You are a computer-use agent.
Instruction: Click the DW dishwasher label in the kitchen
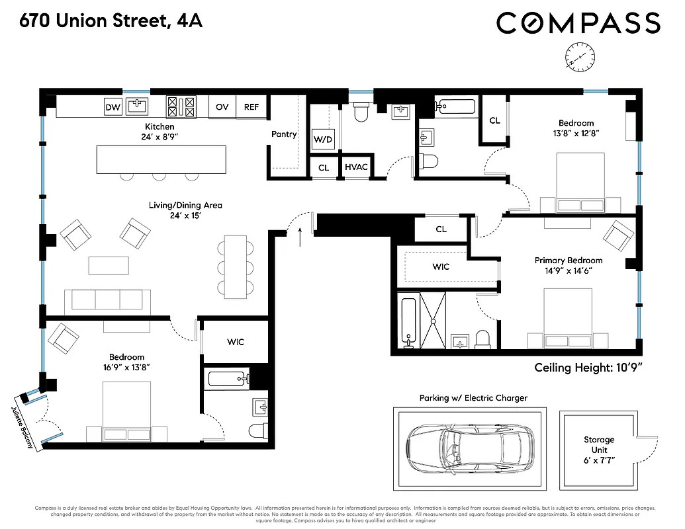coord(113,106)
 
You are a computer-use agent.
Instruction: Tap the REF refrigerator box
coord(251,106)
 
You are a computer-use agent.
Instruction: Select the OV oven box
coord(222,106)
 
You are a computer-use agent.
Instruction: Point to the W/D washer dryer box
coord(323,140)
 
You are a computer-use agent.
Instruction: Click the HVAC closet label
coord(356,168)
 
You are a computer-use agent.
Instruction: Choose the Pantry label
coord(284,134)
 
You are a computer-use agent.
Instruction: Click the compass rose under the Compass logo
coord(580,56)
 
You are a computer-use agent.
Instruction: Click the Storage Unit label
coord(598,445)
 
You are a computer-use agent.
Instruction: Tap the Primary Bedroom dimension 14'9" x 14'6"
coord(569,270)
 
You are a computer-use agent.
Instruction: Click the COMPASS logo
coord(578,23)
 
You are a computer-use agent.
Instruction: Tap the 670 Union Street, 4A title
coord(111,21)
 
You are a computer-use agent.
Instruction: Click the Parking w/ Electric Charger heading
coord(473,398)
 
